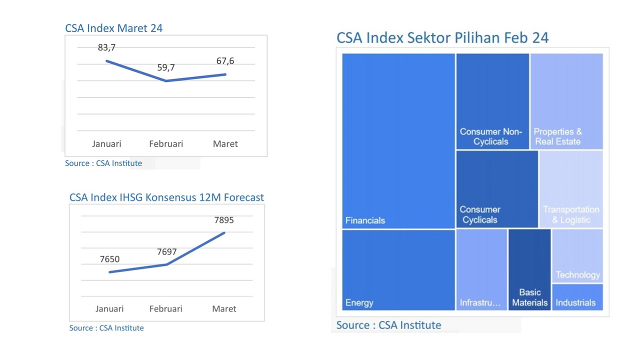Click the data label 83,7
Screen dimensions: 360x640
[x=106, y=47]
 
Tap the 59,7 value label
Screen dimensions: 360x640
[x=166, y=67]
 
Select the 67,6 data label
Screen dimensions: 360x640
[x=225, y=61]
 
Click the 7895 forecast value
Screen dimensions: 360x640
[x=223, y=220]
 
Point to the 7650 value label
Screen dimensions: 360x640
[x=109, y=259]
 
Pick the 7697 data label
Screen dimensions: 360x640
[x=167, y=252]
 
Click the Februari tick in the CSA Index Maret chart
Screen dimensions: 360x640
[x=166, y=144]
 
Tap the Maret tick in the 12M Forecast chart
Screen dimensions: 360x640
[x=224, y=308]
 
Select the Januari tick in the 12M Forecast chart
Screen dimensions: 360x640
[x=109, y=308]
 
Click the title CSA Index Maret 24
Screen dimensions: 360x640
[x=114, y=28]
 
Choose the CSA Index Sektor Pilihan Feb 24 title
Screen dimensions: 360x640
[x=442, y=37]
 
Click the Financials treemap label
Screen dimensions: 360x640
[x=365, y=220]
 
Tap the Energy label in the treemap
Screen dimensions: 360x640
[x=359, y=302]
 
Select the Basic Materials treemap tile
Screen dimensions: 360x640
[x=529, y=270]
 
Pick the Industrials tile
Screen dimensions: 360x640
[x=577, y=297]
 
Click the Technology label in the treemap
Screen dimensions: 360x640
[x=577, y=274]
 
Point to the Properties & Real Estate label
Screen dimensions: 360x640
[x=557, y=136]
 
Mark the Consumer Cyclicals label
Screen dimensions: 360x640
[x=480, y=214]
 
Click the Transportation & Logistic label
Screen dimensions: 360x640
[x=571, y=214]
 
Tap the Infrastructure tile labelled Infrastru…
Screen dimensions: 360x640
[x=481, y=270]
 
